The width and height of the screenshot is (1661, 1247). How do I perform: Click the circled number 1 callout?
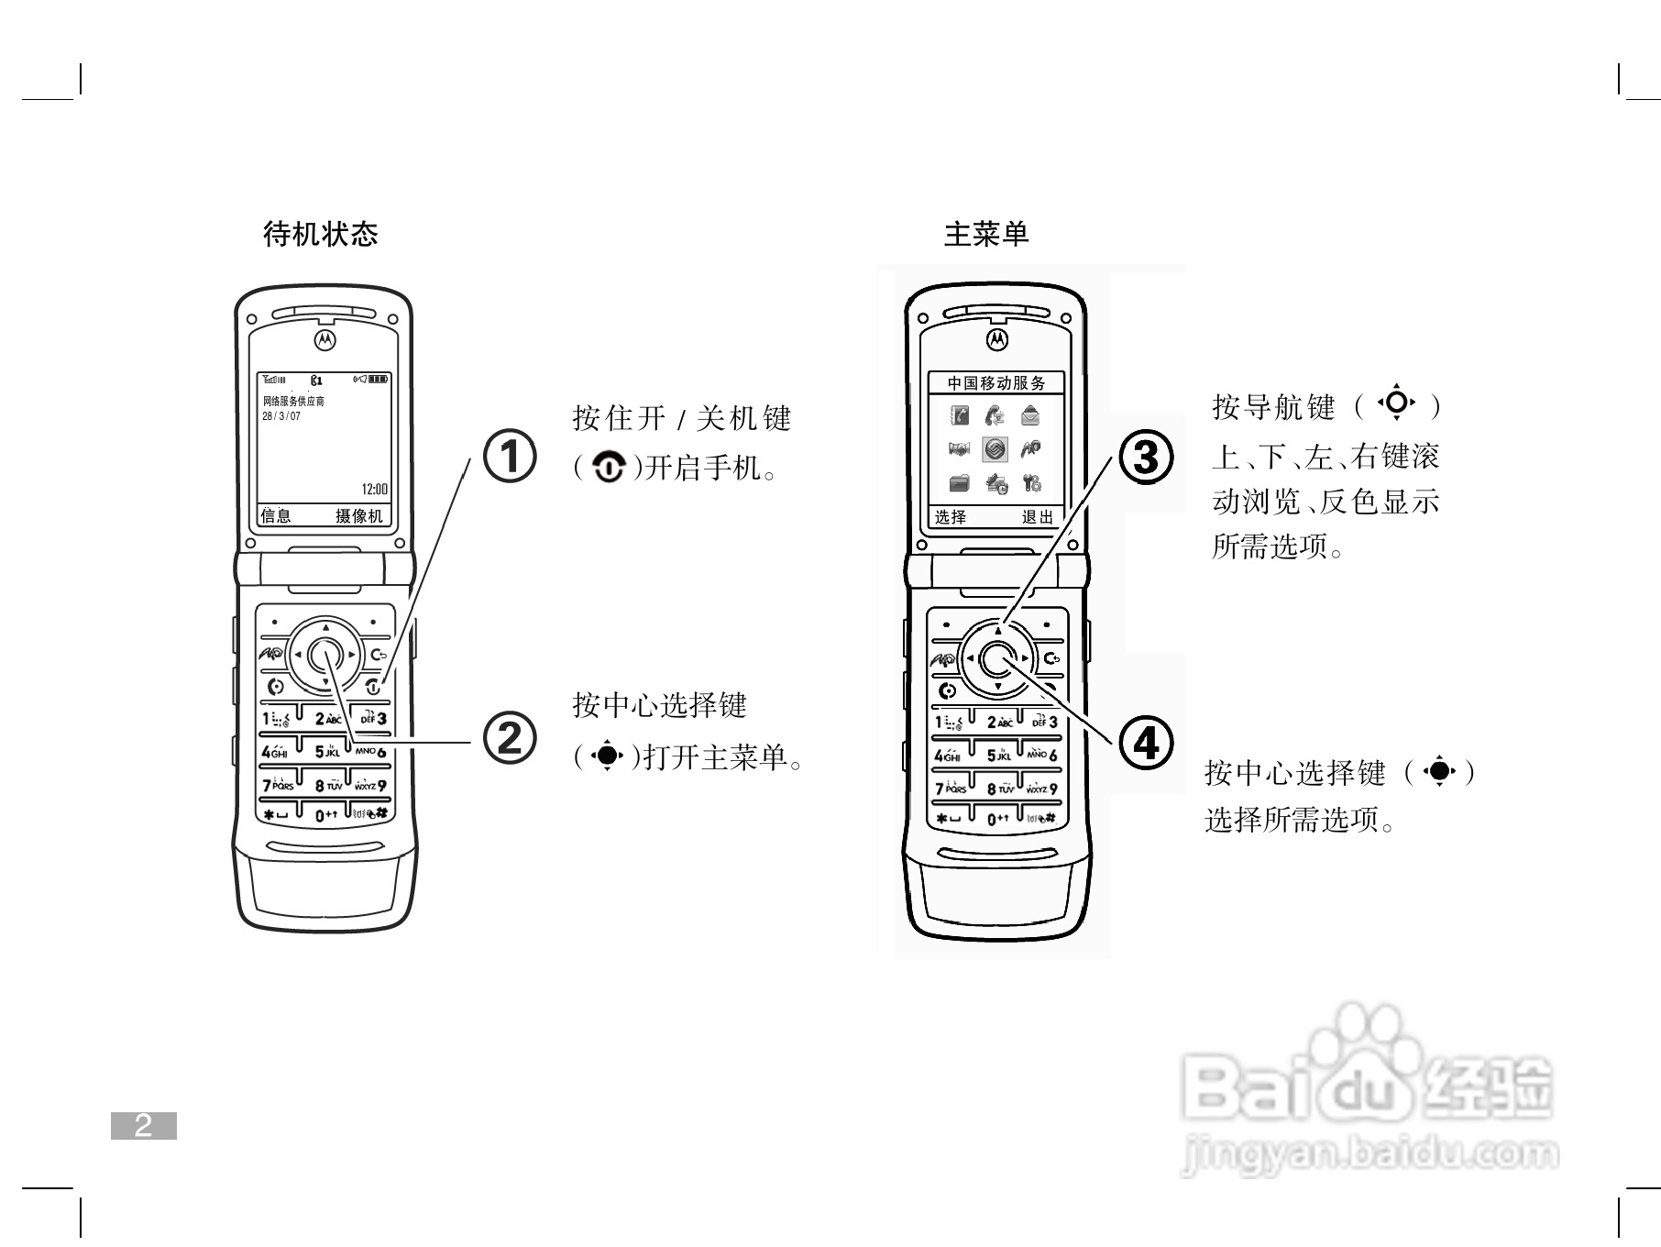pos(509,456)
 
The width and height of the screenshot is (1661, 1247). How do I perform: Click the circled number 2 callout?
pos(509,738)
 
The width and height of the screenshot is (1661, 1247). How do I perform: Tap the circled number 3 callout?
pos(1146,458)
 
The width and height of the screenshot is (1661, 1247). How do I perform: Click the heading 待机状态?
pos(320,234)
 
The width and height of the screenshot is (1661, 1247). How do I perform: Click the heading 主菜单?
pos(986,234)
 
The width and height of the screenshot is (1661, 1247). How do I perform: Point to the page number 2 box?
pos(144,1126)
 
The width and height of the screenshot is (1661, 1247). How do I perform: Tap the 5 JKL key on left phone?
pos(326,752)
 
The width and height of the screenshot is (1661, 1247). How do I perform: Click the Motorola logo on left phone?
pos(325,339)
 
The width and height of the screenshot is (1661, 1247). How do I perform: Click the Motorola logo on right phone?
pos(996,339)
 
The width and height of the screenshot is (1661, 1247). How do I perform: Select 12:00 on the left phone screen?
pos(374,490)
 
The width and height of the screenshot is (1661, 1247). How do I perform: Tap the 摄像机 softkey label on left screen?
pos(359,516)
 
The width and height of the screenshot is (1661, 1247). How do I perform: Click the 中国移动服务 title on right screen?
pos(995,383)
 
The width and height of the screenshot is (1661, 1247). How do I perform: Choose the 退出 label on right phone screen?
pos(1038,517)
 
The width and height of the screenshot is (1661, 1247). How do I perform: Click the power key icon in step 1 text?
pos(609,469)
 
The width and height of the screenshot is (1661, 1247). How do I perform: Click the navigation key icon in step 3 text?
pos(1396,403)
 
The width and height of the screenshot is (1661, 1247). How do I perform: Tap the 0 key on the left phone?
pos(326,815)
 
